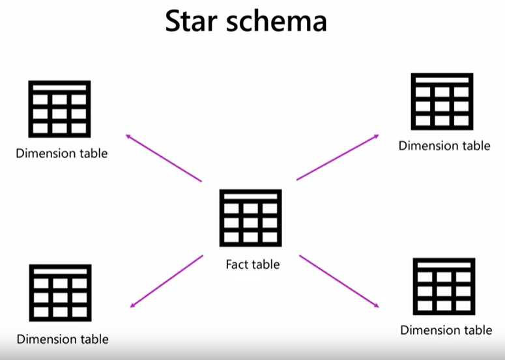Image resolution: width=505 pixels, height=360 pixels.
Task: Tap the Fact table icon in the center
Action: (x=251, y=218)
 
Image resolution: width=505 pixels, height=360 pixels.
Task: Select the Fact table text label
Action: (x=253, y=264)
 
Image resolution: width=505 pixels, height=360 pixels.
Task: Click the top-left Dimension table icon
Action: (x=60, y=109)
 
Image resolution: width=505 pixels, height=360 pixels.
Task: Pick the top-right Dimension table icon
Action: (x=442, y=102)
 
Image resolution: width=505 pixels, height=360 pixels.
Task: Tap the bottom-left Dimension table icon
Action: (x=60, y=293)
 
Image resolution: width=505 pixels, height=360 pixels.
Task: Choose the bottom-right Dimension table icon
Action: (x=444, y=286)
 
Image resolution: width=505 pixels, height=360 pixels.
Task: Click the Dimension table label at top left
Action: (x=62, y=154)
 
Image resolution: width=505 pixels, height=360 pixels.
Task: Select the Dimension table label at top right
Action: (x=444, y=146)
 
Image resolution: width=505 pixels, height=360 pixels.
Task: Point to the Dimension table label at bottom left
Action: (x=63, y=339)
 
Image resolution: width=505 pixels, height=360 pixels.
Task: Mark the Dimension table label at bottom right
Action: (x=446, y=330)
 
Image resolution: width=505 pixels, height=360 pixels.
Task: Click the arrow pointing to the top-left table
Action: (x=164, y=158)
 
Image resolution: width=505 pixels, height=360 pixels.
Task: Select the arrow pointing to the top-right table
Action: (x=338, y=157)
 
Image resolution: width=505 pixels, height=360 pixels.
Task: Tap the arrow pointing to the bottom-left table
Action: (x=167, y=281)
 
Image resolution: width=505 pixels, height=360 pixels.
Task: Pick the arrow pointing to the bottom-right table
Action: (x=339, y=281)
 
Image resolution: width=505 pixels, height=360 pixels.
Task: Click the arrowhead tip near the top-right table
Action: (x=378, y=135)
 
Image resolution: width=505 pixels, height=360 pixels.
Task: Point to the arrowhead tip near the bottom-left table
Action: (x=131, y=307)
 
